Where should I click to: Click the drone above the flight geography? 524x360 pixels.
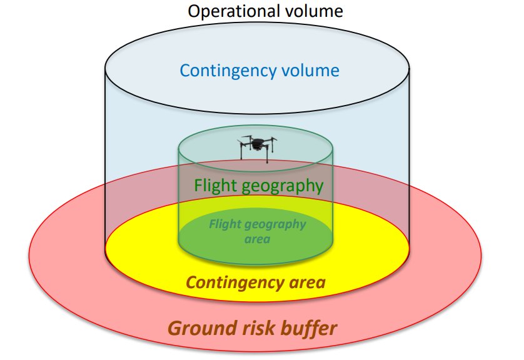coord(256,147)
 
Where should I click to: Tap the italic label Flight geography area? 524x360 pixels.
coord(257,231)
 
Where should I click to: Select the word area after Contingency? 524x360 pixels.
coord(305,283)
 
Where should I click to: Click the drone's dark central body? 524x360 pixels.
coord(256,145)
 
